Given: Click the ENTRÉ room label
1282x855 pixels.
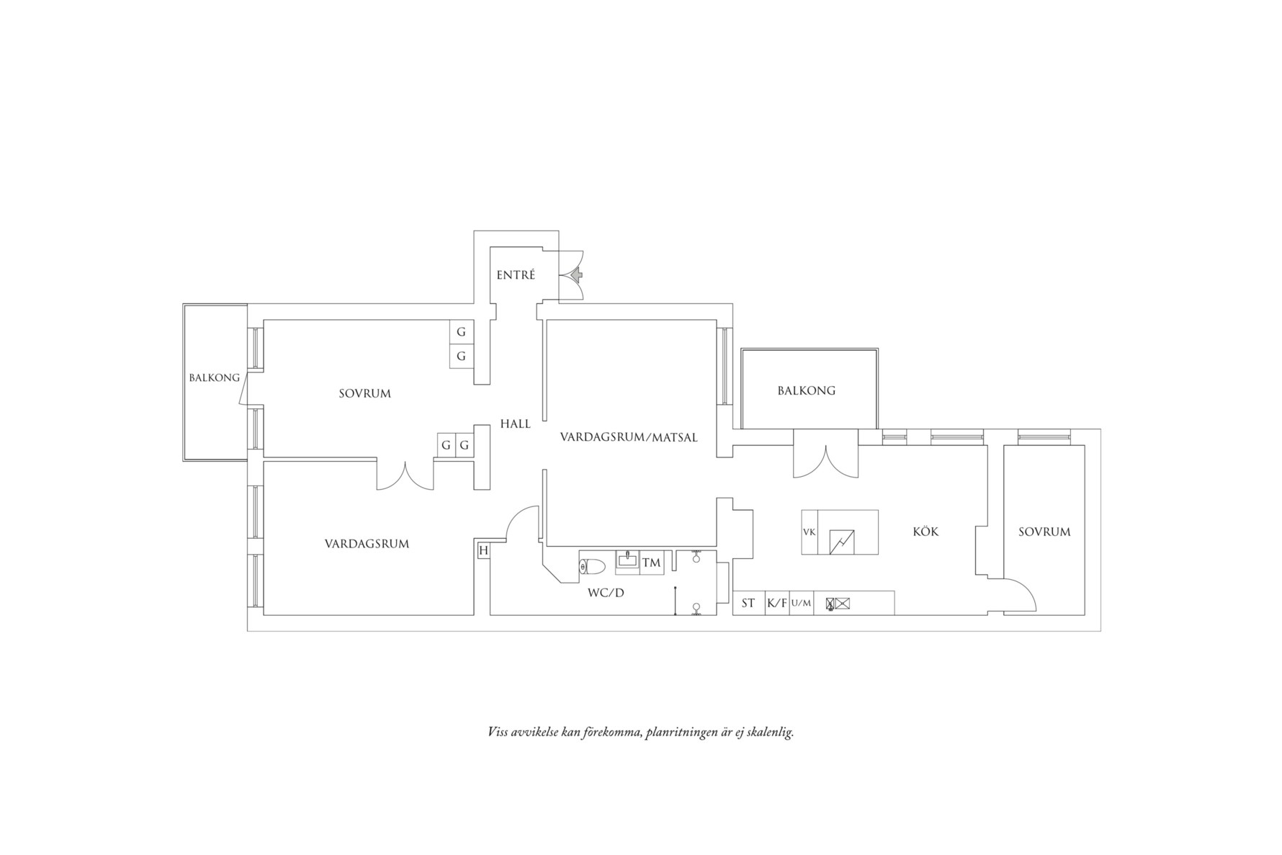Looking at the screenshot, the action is (x=516, y=274).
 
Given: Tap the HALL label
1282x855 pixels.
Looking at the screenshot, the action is (x=516, y=424).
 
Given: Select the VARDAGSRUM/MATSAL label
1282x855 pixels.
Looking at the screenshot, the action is (x=629, y=437).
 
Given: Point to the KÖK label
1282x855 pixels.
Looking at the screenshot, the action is (x=925, y=532).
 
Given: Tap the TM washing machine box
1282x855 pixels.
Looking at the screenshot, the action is (x=651, y=563).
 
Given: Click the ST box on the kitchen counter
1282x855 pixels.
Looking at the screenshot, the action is (x=748, y=603).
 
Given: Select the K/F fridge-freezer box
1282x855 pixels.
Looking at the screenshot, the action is (x=777, y=603).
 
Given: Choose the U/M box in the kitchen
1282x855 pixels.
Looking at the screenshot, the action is (x=801, y=603).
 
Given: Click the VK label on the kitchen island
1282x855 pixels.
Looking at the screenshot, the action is (x=809, y=532).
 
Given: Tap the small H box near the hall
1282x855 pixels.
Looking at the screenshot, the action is (x=483, y=551).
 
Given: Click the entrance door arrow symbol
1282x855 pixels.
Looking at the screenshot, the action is (x=576, y=274).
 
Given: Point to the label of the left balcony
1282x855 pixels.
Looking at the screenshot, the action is (x=215, y=377).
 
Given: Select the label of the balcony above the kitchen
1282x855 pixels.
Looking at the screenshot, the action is (x=807, y=390).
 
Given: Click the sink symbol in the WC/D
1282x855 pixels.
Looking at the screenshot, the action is (x=627, y=561).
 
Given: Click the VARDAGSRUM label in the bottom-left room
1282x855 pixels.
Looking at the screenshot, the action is (x=367, y=544).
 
